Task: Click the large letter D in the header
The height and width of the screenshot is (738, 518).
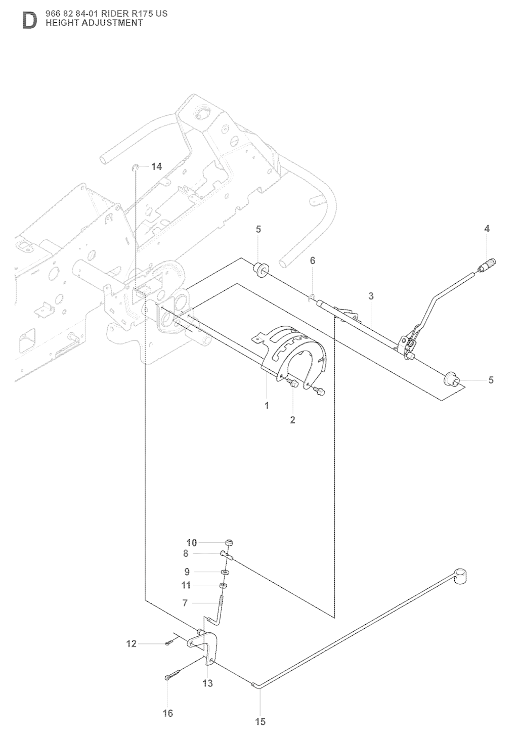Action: [29, 21]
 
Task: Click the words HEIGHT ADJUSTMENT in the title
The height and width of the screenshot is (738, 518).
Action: [94, 23]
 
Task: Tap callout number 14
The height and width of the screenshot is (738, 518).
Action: [156, 167]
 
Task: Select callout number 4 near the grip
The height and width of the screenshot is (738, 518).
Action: [487, 229]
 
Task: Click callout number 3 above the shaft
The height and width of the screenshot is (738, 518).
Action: [371, 296]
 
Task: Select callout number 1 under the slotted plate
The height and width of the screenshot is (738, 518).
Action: [267, 406]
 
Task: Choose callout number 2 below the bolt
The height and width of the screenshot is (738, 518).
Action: [292, 420]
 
